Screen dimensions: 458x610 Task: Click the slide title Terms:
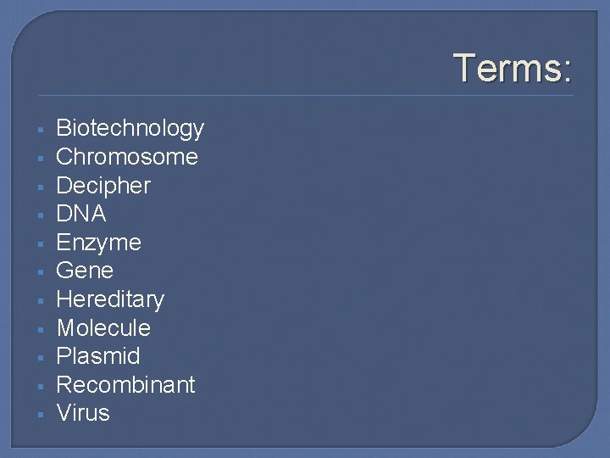point(513,67)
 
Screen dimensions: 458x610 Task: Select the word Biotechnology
point(130,129)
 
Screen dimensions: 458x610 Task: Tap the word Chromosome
point(126,157)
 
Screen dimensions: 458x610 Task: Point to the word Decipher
point(103,186)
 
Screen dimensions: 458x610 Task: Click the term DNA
point(80,214)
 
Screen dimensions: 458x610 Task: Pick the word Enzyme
point(98,243)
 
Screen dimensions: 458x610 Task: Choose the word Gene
point(84,271)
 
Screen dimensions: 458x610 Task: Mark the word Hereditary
point(109,299)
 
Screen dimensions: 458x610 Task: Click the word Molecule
point(103,327)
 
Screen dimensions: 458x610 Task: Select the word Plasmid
point(97,356)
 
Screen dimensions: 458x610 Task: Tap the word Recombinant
point(125,384)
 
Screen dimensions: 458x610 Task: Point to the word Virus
point(82,413)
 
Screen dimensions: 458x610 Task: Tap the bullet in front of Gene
point(40,272)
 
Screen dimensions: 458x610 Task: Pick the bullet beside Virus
point(40,415)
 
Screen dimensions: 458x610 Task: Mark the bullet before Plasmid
point(40,358)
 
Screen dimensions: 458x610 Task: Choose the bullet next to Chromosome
point(40,159)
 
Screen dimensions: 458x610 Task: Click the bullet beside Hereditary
point(40,301)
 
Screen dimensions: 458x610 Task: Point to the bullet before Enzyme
point(40,244)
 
